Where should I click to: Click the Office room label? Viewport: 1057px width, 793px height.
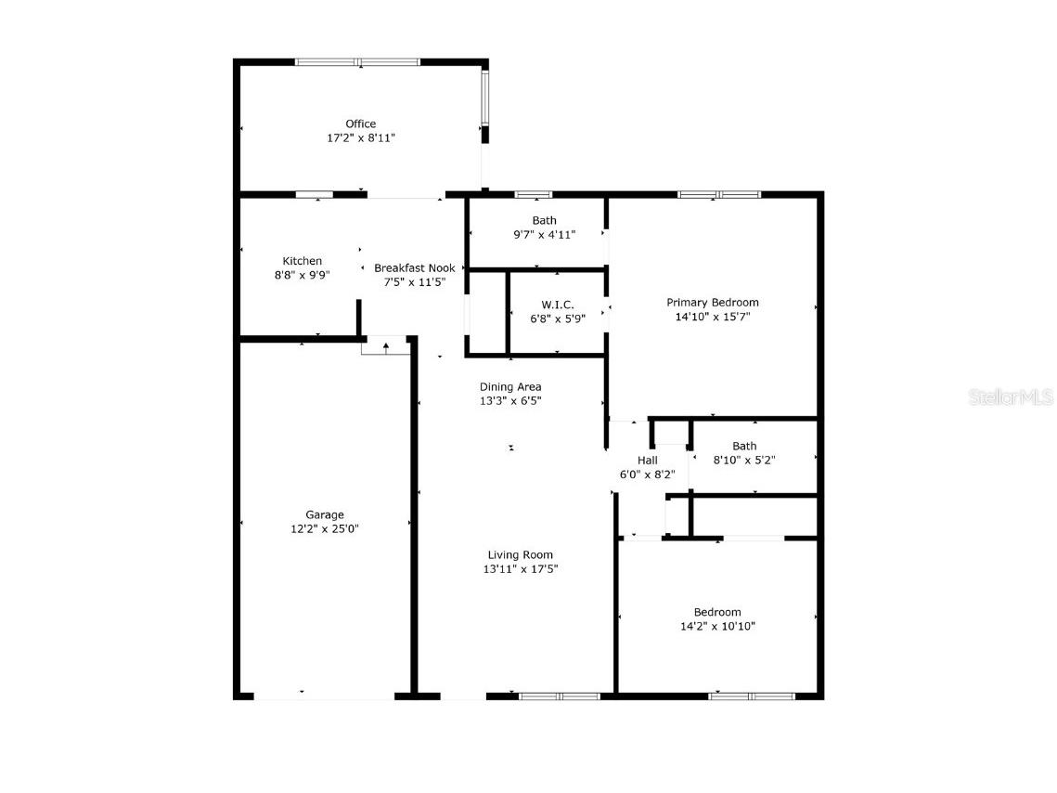[361, 123]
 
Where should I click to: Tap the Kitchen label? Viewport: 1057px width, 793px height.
[303, 261]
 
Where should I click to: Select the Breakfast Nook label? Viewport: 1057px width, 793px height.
[415, 268]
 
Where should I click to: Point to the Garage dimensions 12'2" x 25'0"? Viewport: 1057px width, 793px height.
[325, 529]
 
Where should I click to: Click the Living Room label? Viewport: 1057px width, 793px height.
[521, 555]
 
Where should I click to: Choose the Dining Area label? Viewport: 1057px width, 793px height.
[510, 387]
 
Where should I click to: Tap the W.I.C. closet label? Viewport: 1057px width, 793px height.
[558, 305]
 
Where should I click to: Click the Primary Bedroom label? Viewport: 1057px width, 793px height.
[713, 303]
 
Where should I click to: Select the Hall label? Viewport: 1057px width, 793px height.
[648, 461]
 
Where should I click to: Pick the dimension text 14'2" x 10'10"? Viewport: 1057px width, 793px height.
[717, 627]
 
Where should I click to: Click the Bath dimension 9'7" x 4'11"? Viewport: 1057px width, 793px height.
[545, 235]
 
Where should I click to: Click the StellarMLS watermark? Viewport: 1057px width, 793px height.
[1011, 397]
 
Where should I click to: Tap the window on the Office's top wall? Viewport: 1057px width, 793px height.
[357, 62]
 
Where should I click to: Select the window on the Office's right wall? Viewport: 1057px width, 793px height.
[484, 97]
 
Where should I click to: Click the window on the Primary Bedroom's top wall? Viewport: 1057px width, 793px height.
[719, 194]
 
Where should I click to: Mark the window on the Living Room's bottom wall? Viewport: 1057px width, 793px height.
[560, 695]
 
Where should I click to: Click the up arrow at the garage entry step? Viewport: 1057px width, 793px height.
[386, 347]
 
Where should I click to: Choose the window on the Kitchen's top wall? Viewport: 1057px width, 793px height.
[314, 194]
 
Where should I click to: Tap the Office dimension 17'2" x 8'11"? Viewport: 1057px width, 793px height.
[361, 137]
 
